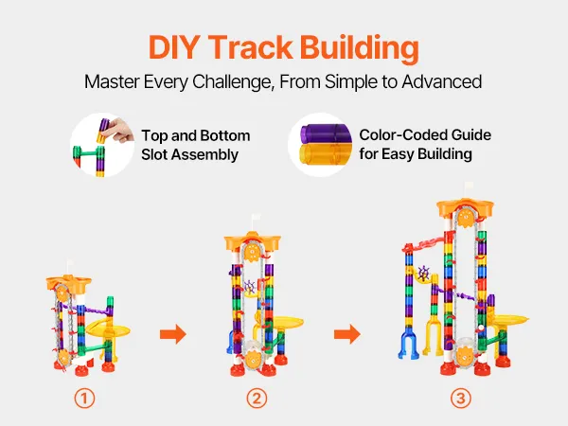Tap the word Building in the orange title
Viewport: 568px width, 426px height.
point(360,48)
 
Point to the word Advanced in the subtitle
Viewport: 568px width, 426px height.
point(441,81)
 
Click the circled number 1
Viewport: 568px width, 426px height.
point(84,399)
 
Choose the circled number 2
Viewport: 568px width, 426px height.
point(257,399)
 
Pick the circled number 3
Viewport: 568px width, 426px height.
point(461,399)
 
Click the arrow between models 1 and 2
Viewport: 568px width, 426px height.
point(173,333)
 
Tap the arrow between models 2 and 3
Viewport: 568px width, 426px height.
point(347,333)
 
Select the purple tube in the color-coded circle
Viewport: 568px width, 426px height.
point(326,133)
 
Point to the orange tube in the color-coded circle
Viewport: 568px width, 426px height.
point(326,153)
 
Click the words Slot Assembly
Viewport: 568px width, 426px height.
point(189,154)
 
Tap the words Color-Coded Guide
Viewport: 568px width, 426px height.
point(425,135)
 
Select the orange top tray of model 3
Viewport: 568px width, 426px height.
point(466,207)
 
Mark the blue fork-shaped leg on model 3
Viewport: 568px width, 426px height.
point(409,343)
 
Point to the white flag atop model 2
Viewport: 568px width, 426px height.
point(256,218)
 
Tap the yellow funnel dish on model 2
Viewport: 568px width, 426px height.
point(286,323)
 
